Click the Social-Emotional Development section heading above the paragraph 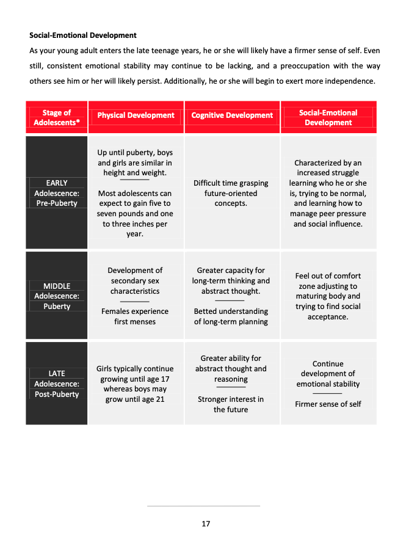click(83, 35)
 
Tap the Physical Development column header click(136, 115)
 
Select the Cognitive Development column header click(232, 115)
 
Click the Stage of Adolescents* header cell click(57, 117)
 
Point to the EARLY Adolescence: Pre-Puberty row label click(57, 193)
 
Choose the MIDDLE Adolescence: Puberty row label click(57, 296)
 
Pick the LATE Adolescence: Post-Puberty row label click(57, 384)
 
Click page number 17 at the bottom click(206, 523)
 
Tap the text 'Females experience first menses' click(135, 316)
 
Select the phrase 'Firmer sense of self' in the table click(328, 404)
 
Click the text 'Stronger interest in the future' click(231, 404)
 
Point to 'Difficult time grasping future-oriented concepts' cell click(231, 193)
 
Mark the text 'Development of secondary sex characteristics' click(135, 281)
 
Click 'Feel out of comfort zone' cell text click(328, 296)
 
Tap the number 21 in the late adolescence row click(160, 399)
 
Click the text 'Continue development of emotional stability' click(328, 374)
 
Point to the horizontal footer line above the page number click(203, 506)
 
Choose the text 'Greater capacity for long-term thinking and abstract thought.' click(231, 281)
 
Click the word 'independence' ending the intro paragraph click(354, 81)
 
